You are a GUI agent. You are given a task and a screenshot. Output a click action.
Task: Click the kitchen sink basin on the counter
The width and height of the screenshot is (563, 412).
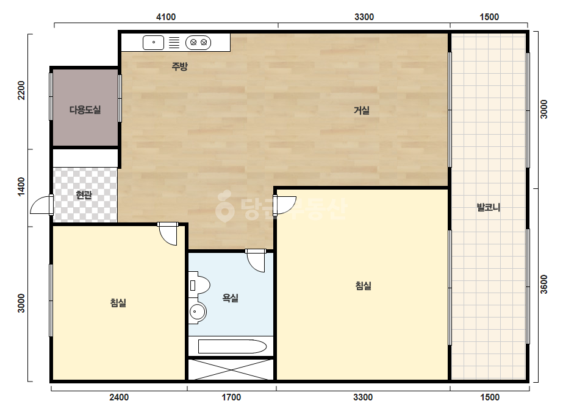click(153, 42)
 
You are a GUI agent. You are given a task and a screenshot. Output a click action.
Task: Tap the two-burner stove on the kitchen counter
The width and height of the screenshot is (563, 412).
click(198, 43)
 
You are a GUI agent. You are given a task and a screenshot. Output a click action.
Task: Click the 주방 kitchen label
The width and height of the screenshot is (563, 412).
click(179, 66)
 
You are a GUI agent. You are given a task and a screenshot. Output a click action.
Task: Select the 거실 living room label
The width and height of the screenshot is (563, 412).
click(362, 110)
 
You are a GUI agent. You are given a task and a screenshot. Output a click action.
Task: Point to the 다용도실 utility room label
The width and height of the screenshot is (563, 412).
click(85, 110)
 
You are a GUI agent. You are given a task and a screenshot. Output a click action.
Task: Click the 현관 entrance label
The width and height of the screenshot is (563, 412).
click(84, 195)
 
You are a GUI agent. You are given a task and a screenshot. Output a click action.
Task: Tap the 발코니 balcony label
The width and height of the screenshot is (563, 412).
click(489, 207)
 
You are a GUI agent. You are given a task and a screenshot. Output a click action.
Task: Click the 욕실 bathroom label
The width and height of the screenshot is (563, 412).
click(231, 298)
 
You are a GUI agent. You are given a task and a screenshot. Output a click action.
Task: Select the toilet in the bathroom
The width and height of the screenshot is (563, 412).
click(199, 285)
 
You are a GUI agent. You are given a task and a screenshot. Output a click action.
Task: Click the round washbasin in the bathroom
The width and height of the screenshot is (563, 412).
click(197, 312)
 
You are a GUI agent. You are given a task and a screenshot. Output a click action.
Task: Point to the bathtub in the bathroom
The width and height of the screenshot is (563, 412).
click(232, 347)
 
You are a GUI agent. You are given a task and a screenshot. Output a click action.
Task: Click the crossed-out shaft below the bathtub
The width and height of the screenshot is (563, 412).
click(231, 369)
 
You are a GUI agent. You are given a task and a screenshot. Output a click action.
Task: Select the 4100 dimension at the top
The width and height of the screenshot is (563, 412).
click(166, 17)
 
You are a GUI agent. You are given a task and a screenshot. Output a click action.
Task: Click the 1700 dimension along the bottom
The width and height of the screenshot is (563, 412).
click(231, 397)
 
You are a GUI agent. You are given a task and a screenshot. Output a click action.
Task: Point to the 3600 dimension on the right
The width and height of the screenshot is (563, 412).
click(544, 284)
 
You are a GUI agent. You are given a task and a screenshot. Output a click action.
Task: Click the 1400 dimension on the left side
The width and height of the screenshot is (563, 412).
click(21, 186)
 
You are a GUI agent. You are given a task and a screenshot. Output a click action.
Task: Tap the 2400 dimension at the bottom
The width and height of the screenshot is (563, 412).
click(119, 397)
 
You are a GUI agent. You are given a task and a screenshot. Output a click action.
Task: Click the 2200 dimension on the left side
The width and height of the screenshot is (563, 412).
click(21, 90)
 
